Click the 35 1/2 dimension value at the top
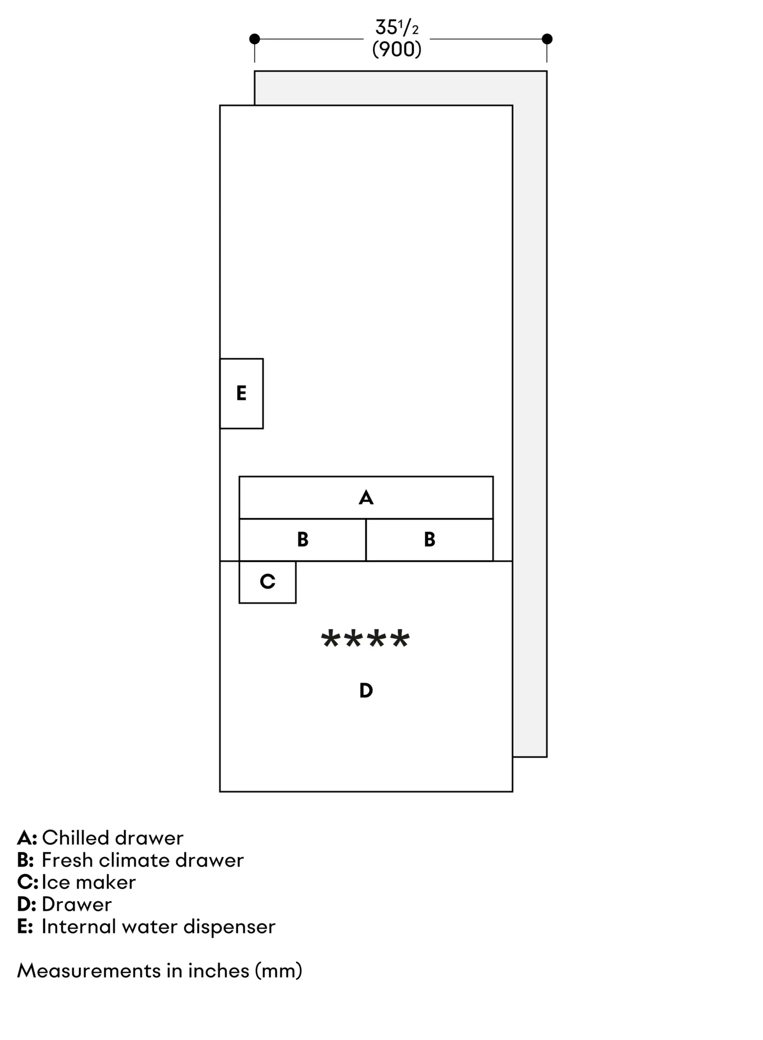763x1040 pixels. [396, 27]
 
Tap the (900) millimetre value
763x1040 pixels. [397, 49]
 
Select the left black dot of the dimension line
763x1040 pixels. [255, 39]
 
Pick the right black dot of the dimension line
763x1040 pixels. [546, 39]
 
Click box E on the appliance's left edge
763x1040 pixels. [241, 394]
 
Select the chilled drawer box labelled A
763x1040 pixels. [366, 498]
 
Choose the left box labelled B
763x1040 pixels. [302, 540]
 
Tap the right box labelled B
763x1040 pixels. [429, 540]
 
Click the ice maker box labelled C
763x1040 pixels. [268, 582]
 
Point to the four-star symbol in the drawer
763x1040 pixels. [365, 639]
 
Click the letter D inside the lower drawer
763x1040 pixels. [366, 691]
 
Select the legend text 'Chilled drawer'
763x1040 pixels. [112, 838]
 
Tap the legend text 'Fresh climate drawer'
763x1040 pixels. [143, 861]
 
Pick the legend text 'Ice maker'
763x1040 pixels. [88, 882]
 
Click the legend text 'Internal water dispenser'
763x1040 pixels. [158, 927]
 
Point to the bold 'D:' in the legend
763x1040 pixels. [27, 905]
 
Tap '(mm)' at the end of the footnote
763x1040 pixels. [278, 971]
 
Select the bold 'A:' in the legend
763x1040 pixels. [27, 838]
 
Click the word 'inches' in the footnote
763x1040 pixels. [218, 971]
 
